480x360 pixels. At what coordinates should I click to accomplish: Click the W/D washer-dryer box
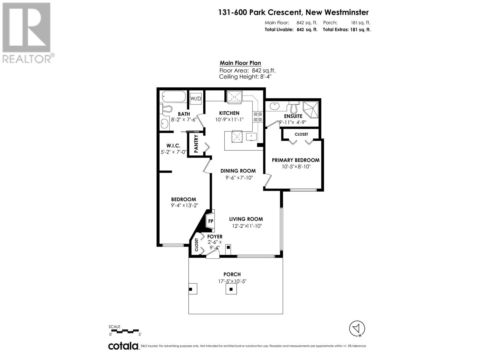click(196, 98)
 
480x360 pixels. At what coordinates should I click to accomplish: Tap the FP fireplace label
click(211, 221)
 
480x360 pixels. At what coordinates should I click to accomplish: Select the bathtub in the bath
click(174, 97)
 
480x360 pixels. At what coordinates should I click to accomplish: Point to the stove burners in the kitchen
click(258, 117)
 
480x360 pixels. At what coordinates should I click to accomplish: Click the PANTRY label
click(196, 144)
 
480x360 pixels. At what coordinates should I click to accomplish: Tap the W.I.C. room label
click(173, 145)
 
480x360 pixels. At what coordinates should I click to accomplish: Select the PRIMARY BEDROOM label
click(295, 160)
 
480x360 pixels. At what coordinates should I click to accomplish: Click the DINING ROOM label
click(238, 171)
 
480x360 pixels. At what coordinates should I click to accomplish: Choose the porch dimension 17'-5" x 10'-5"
click(232, 281)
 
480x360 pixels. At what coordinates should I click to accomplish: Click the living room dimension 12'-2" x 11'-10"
click(247, 226)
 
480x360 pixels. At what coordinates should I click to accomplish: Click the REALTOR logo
click(27, 33)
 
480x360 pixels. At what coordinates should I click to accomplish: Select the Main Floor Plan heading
click(240, 63)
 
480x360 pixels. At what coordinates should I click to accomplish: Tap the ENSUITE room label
click(293, 116)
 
